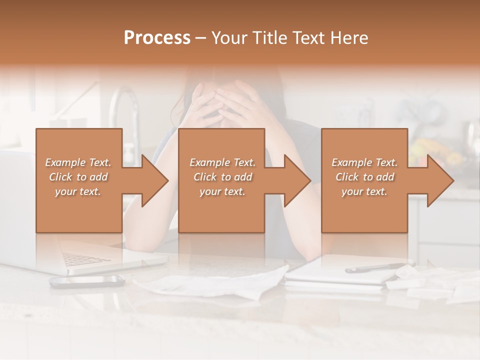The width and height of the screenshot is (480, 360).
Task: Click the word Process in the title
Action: tap(157, 38)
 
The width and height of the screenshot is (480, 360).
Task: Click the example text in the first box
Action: tap(78, 177)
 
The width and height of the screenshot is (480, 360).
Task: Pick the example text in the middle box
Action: tap(222, 177)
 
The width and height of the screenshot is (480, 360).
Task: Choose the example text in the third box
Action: tap(364, 177)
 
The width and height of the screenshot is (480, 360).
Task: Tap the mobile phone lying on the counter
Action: tap(87, 281)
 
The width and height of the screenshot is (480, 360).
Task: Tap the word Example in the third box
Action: tap(352, 162)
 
